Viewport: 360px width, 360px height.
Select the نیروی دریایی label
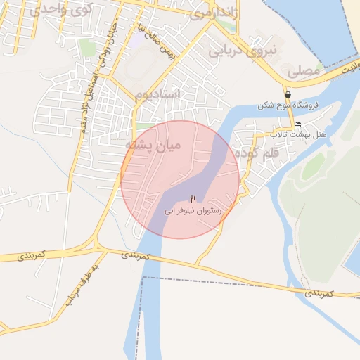[x=236, y=50]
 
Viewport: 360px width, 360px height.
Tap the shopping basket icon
[x=288, y=94]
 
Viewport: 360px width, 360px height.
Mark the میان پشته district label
[x=153, y=145]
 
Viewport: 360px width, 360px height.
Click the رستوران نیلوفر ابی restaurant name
[x=193, y=210]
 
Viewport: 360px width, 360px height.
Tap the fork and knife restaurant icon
[x=193, y=199]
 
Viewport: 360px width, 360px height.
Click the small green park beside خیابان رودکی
[x=87, y=47]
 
